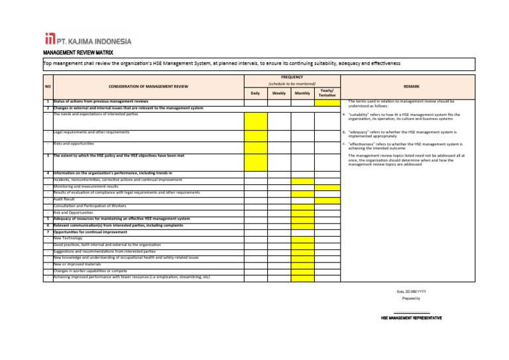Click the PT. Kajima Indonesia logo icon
(x=49, y=39)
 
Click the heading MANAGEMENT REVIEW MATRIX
(x=78, y=52)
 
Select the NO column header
(x=48, y=86)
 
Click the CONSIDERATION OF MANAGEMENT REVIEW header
(x=148, y=86)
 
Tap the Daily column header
(x=255, y=93)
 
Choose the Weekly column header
(x=279, y=93)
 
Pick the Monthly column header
(x=302, y=93)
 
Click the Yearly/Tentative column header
(x=327, y=93)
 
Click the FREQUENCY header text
(x=292, y=77)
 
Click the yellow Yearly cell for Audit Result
(x=327, y=200)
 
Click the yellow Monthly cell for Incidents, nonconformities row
(x=302, y=180)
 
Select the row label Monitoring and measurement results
(x=85, y=186)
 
